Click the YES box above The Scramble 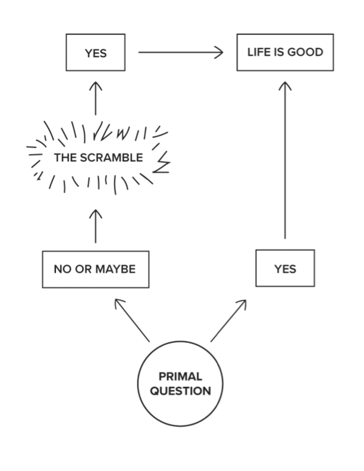[95, 52]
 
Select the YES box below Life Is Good [285, 269]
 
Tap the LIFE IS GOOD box [285, 52]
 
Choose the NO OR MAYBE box [95, 269]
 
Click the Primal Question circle [180, 384]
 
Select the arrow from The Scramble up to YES [95, 98]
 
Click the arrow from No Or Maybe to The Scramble [95, 226]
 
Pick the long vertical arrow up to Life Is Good [285, 161]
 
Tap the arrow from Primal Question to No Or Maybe [132, 320]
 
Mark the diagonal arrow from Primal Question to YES [229, 320]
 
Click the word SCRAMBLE [112, 158]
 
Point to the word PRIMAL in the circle [180, 376]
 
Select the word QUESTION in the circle [180, 391]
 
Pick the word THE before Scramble [65, 158]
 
